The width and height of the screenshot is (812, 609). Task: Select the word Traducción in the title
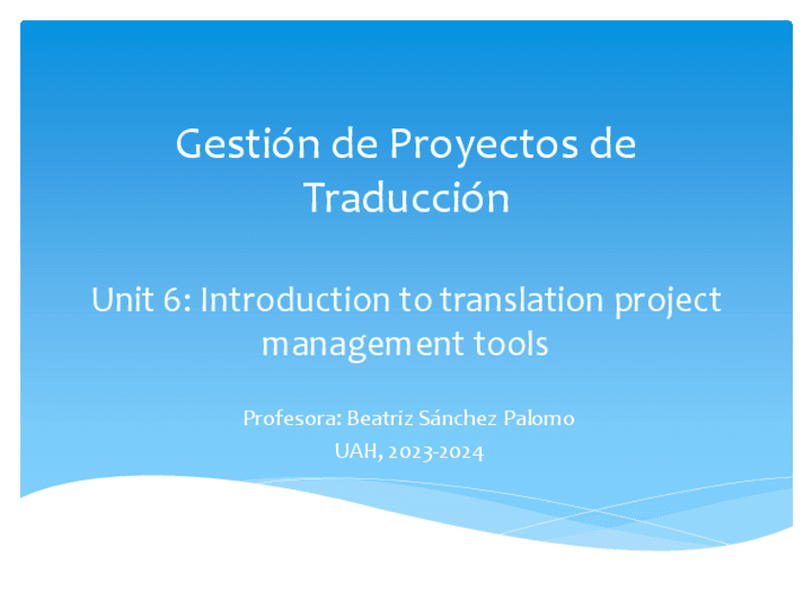[x=406, y=198]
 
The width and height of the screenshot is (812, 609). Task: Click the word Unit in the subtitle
[x=118, y=301]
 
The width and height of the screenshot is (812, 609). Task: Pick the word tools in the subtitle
[x=510, y=343]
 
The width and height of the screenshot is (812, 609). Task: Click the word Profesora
[x=290, y=418]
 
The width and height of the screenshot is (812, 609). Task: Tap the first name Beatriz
[x=377, y=418]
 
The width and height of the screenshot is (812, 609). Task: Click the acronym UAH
[x=355, y=451]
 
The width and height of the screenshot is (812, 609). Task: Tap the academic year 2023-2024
[x=437, y=451]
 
